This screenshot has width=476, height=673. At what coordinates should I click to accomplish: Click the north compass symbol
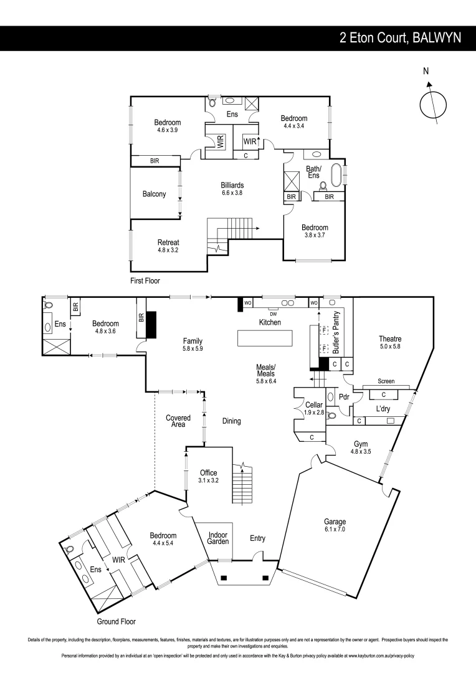(432, 103)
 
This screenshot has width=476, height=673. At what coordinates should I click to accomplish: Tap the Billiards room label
(232, 185)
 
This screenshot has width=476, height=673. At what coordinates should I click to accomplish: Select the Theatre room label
(390, 339)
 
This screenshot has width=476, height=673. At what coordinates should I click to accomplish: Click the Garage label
(335, 522)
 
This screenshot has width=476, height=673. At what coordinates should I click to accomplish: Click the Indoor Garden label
(217, 538)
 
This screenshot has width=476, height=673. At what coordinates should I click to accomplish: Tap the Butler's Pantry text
(336, 333)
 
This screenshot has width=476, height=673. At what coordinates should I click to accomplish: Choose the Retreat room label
(168, 242)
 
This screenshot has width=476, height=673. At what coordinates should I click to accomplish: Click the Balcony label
(154, 194)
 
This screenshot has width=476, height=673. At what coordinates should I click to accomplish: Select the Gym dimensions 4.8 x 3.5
(361, 452)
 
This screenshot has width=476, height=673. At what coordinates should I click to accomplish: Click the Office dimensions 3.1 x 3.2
(208, 480)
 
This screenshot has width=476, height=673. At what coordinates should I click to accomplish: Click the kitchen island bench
(265, 338)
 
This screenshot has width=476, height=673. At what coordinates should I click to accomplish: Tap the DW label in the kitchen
(273, 313)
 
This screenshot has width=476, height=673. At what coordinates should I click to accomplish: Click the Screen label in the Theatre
(386, 381)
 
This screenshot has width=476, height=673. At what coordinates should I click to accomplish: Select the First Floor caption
(145, 281)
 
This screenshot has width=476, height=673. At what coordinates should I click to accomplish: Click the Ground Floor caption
(116, 621)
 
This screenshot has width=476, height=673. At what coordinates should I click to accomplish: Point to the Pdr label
(343, 396)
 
